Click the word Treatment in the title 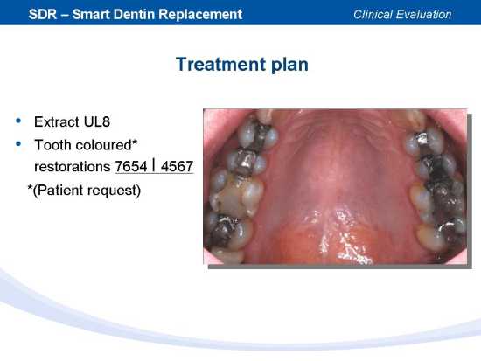[x=221, y=64]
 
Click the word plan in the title [x=289, y=65]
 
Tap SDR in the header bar [x=43, y=14]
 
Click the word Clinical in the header [x=373, y=14]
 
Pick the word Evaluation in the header [x=423, y=14]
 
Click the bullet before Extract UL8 [x=18, y=121]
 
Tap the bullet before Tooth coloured [x=18, y=143]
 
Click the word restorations [x=73, y=167]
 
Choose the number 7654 [x=131, y=167]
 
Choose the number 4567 [x=177, y=167]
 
